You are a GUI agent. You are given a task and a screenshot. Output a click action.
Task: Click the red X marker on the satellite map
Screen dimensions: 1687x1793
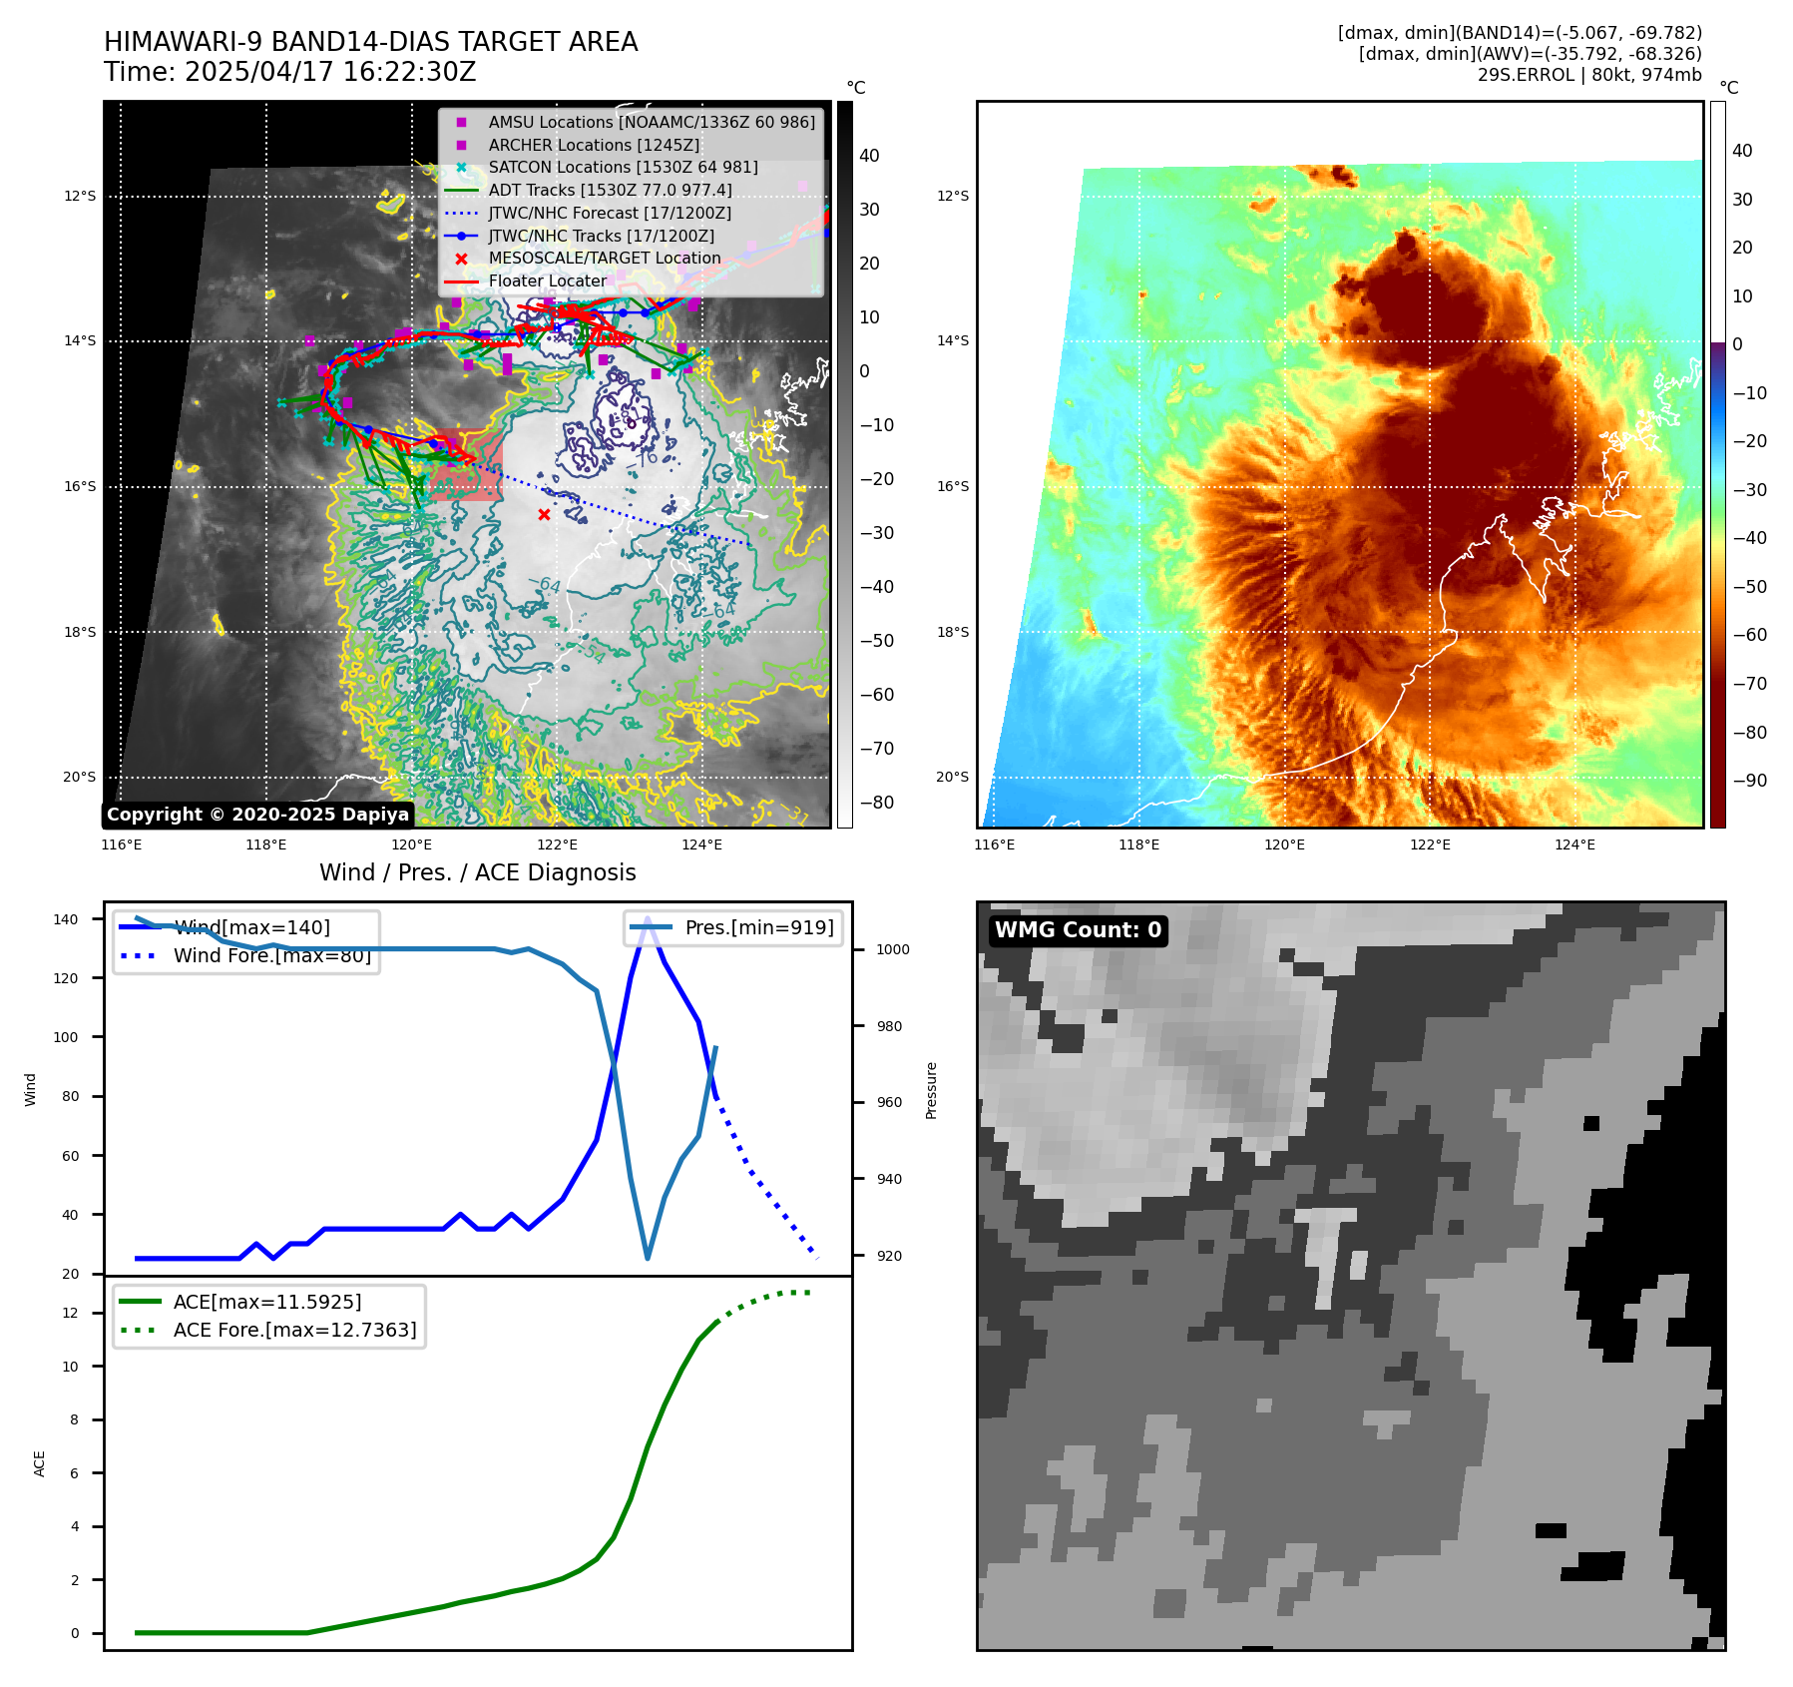(x=544, y=515)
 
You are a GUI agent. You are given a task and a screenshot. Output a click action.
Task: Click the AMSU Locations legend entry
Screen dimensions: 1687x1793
(x=651, y=122)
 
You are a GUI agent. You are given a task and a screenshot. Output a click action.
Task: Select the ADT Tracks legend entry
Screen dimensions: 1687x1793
(x=610, y=190)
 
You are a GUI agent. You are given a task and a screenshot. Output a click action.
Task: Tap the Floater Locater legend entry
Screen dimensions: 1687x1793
(x=547, y=281)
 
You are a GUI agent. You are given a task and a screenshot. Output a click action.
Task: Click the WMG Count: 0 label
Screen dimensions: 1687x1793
(x=1078, y=930)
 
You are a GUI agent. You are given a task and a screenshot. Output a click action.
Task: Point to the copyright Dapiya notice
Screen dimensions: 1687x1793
(x=257, y=815)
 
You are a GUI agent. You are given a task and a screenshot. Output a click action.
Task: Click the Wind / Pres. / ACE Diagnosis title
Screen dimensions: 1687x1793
(x=477, y=872)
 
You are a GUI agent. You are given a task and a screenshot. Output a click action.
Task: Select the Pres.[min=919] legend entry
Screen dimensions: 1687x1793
(x=758, y=927)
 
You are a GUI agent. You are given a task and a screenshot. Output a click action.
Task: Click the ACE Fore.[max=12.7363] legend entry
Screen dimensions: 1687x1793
(x=294, y=1330)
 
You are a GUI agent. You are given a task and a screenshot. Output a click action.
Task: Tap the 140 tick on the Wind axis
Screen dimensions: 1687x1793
(x=66, y=919)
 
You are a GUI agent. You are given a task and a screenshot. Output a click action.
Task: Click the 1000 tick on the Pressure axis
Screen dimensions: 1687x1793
(x=892, y=949)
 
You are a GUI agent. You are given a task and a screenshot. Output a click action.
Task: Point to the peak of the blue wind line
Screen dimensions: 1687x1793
(x=648, y=918)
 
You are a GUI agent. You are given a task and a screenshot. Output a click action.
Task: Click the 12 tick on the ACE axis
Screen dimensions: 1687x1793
(x=70, y=1313)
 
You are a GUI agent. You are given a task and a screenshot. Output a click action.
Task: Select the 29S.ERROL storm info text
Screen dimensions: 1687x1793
(x=1588, y=75)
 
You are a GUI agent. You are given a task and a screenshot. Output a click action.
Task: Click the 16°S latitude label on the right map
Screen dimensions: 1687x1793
(x=952, y=487)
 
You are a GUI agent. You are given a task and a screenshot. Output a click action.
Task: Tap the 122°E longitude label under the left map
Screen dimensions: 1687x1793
(x=557, y=845)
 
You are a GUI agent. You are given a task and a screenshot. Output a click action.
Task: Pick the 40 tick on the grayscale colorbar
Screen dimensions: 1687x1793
(x=869, y=156)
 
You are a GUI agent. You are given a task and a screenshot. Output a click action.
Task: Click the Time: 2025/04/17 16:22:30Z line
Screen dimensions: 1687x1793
(x=289, y=73)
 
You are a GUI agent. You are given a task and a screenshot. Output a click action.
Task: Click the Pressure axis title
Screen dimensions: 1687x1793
(x=931, y=1090)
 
